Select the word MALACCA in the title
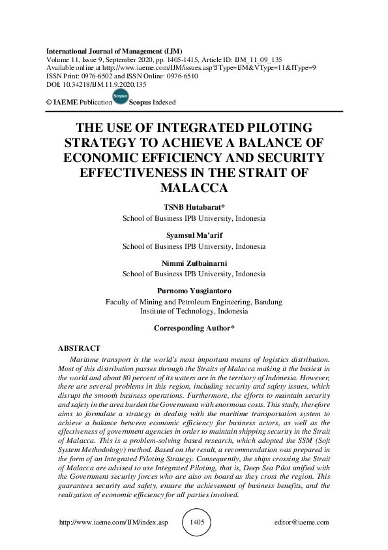click(x=194, y=188)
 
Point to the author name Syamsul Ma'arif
click(x=194, y=236)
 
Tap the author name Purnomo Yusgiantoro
click(x=194, y=291)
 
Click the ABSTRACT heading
click(x=80, y=348)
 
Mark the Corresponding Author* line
click(x=194, y=327)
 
